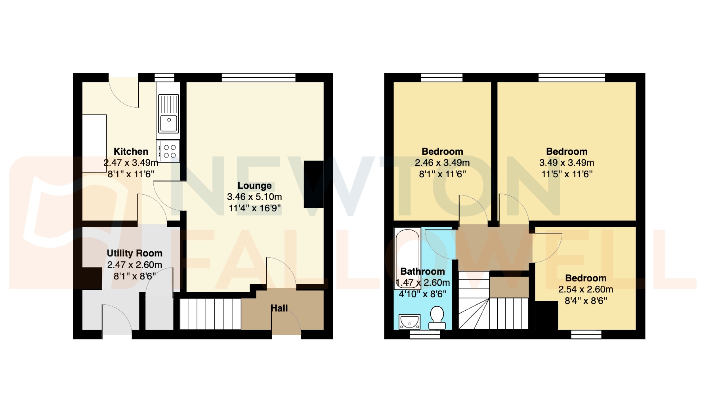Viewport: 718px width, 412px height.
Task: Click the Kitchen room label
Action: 131,152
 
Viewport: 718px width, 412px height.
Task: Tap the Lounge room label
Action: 254,186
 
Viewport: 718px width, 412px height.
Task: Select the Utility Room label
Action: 134,253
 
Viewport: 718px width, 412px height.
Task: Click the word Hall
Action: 279,308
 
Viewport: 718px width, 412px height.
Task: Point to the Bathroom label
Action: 422,272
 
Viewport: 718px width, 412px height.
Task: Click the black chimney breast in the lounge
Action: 313,184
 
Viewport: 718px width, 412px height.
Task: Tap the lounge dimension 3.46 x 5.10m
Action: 254,197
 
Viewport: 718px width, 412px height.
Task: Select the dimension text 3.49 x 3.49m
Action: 567,163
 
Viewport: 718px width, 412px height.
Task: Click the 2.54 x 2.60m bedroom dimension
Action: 586,289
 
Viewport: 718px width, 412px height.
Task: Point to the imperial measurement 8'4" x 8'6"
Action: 586,301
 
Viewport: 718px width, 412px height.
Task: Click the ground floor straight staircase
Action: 210,314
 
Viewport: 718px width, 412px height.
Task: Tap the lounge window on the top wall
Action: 258,78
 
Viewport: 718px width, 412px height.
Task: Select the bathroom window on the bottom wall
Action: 425,335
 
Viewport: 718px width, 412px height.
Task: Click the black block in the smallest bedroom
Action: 547,315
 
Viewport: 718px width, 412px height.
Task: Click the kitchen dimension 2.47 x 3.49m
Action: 131,163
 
